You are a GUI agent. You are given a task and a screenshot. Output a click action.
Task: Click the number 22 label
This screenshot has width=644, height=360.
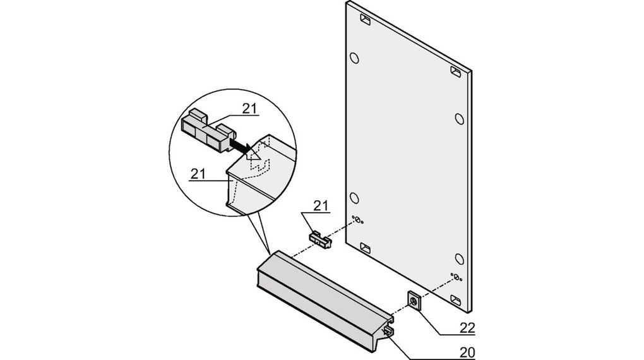tap(467, 328)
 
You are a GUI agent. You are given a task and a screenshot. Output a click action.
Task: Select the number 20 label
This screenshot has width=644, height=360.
tap(467, 352)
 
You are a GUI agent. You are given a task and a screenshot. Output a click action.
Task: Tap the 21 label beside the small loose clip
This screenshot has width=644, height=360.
tap(321, 205)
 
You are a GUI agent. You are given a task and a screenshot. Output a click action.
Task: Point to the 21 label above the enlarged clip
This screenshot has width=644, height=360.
tap(250, 109)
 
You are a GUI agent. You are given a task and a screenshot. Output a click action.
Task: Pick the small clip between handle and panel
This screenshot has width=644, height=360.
tap(321, 239)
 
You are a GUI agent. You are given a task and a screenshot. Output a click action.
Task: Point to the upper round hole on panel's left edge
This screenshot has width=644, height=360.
tap(354, 59)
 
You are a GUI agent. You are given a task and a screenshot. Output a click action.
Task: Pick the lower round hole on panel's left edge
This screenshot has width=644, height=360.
tap(355, 198)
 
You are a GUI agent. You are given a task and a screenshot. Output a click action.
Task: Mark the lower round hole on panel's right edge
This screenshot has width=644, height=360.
tap(460, 258)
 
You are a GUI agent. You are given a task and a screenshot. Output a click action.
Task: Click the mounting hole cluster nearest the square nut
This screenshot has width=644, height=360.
tap(455, 277)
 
